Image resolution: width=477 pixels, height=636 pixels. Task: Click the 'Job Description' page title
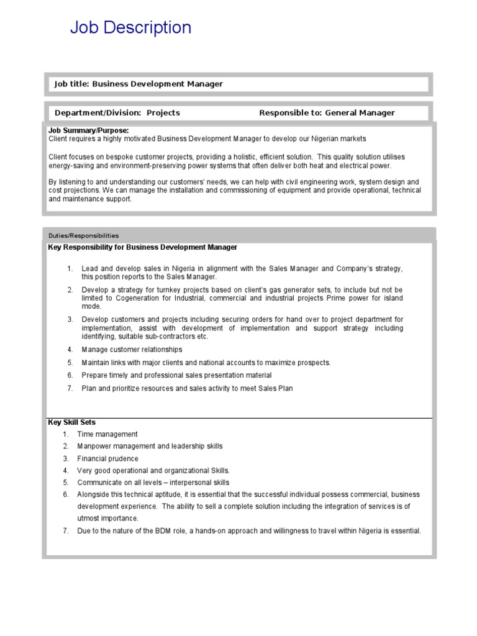coord(130,28)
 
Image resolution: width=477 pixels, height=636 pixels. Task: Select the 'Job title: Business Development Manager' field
coord(139,84)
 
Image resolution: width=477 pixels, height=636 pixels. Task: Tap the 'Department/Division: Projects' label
coord(117,112)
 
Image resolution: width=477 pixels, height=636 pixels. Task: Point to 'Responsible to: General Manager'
coord(327,112)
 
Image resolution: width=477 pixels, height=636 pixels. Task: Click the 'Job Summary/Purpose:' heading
coord(89,130)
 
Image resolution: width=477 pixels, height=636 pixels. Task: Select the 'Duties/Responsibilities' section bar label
coord(83,235)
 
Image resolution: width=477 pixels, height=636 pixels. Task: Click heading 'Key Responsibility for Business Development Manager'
coord(143,247)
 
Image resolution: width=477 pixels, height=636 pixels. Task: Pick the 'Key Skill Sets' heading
coord(72,422)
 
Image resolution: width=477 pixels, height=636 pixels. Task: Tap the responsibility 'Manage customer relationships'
coord(132,350)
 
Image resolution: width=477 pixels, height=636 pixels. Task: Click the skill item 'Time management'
coord(107,434)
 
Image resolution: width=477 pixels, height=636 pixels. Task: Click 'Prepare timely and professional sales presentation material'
coord(176,375)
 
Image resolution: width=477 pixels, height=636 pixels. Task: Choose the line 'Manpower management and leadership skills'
coord(150,446)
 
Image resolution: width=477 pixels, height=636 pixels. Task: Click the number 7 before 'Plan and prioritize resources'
coord(70,388)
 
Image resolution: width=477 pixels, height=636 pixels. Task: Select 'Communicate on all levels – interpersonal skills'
coord(153,483)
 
